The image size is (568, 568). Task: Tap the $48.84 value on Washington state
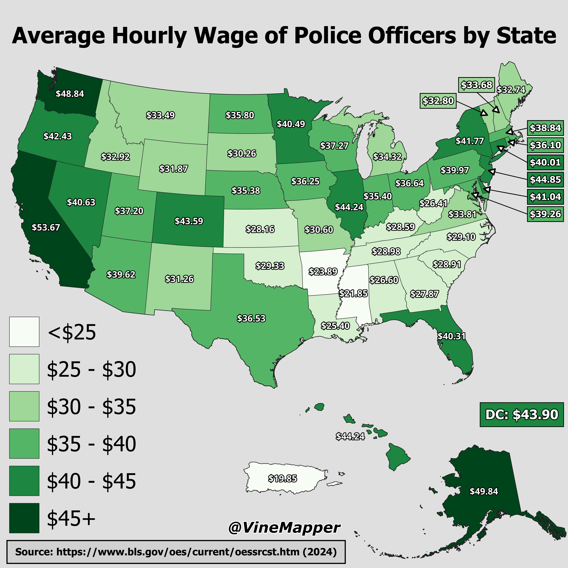[x=70, y=94]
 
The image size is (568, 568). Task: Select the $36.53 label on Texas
[x=251, y=318]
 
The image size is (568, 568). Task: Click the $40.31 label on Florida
[x=452, y=336]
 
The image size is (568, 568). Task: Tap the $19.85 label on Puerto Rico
[x=282, y=479]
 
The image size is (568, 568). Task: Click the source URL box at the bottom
[x=176, y=552]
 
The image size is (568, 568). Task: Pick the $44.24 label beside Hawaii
[x=350, y=436]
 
